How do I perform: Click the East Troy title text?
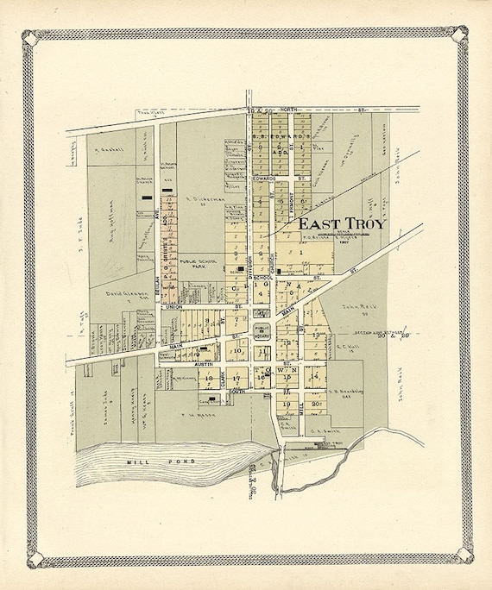tap(343, 223)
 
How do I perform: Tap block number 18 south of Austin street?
tap(208, 378)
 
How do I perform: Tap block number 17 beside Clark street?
tap(237, 378)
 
